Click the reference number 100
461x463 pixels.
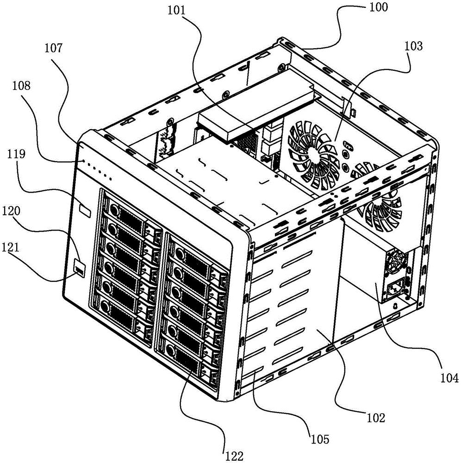click(x=379, y=7)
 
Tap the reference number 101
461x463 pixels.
click(x=177, y=11)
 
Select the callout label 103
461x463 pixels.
click(x=413, y=46)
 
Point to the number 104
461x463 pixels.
click(x=449, y=378)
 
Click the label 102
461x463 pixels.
click(x=376, y=418)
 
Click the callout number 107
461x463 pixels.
click(x=53, y=49)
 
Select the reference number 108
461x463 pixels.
click(x=21, y=86)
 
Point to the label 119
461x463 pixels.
click(x=16, y=154)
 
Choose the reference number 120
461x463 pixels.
click(x=11, y=212)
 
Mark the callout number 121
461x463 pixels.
click(x=10, y=247)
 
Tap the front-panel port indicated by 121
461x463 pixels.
click(x=80, y=269)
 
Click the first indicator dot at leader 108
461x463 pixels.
click(x=84, y=161)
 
